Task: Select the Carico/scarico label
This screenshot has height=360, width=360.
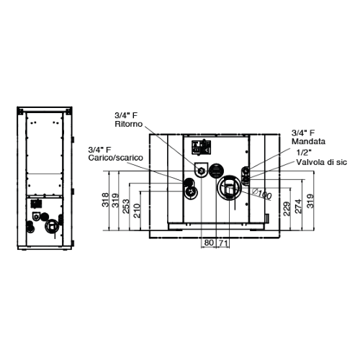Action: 115,157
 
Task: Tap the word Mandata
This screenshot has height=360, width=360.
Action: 307,143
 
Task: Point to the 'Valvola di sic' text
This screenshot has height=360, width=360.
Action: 315,164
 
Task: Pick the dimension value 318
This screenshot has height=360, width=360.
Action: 107,200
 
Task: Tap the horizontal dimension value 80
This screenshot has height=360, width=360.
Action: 208,243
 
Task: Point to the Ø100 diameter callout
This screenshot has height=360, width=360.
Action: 263,194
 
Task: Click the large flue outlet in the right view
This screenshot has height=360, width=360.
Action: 229,187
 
